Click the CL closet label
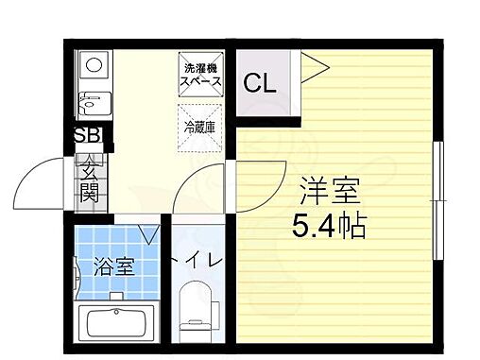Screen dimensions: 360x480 [260, 83]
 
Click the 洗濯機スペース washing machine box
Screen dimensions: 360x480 [201, 75]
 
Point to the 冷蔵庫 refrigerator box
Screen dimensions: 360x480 [200, 126]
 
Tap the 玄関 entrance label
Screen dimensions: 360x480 [89, 182]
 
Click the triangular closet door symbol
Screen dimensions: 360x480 [315, 66]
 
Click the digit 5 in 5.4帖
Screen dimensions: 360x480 [300, 226]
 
